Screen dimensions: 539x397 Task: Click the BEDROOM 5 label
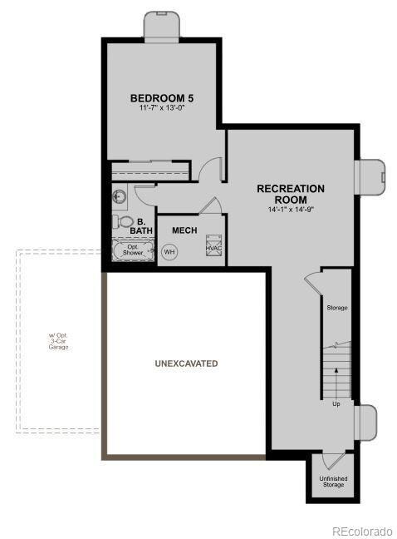pos(163,96)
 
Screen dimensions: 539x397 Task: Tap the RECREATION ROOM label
pos(290,194)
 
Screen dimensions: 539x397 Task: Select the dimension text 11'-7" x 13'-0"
pos(163,108)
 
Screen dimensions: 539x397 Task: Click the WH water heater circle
pos(169,251)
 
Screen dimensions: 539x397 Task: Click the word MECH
pos(184,230)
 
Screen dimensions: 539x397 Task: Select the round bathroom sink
pos(118,197)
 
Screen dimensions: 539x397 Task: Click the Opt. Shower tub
pos(132,250)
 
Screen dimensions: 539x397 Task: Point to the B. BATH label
pos(141,226)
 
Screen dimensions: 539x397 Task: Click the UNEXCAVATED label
pos(186,363)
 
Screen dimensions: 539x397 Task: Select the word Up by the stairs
pos(336,404)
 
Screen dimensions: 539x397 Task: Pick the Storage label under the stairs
pos(336,308)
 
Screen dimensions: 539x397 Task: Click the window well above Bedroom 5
pos(162,25)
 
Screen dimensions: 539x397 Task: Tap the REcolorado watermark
pos(361,531)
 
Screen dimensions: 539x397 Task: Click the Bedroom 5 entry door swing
pos(214,169)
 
